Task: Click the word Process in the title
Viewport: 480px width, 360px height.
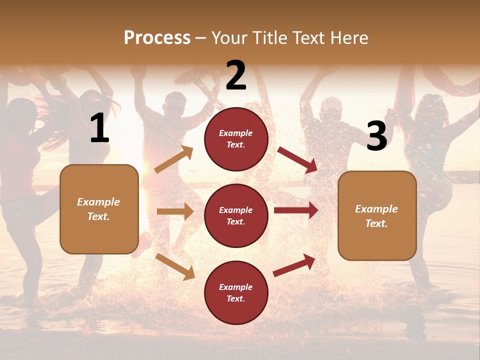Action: (x=157, y=38)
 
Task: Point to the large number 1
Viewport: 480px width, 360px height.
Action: (x=99, y=128)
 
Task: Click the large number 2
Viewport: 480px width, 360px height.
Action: (x=236, y=75)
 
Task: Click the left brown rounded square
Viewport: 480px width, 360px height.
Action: (x=99, y=209)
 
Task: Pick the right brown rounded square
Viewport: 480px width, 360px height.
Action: (x=377, y=215)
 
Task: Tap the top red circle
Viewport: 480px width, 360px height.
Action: (x=236, y=139)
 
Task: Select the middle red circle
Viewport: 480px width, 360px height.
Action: (x=236, y=215)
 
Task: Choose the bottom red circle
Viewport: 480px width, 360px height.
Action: (x=236, y=292)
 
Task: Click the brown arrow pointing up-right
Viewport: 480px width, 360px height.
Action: (x=174, y=159)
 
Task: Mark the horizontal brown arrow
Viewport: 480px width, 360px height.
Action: (x=175, y=211)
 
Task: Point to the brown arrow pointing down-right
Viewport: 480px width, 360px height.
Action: (x=175, y=266)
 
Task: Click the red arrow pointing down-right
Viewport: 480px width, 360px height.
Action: (x=297, y=159)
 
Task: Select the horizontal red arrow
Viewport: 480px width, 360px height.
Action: (x=296, y=210)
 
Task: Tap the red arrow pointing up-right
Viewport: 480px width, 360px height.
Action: (x=294, y=265)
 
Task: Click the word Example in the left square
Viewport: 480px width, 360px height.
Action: (x=98, y=202)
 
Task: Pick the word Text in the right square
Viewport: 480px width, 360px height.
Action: (x=376, y=223)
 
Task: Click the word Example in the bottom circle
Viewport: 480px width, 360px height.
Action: (x=236, y=287)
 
